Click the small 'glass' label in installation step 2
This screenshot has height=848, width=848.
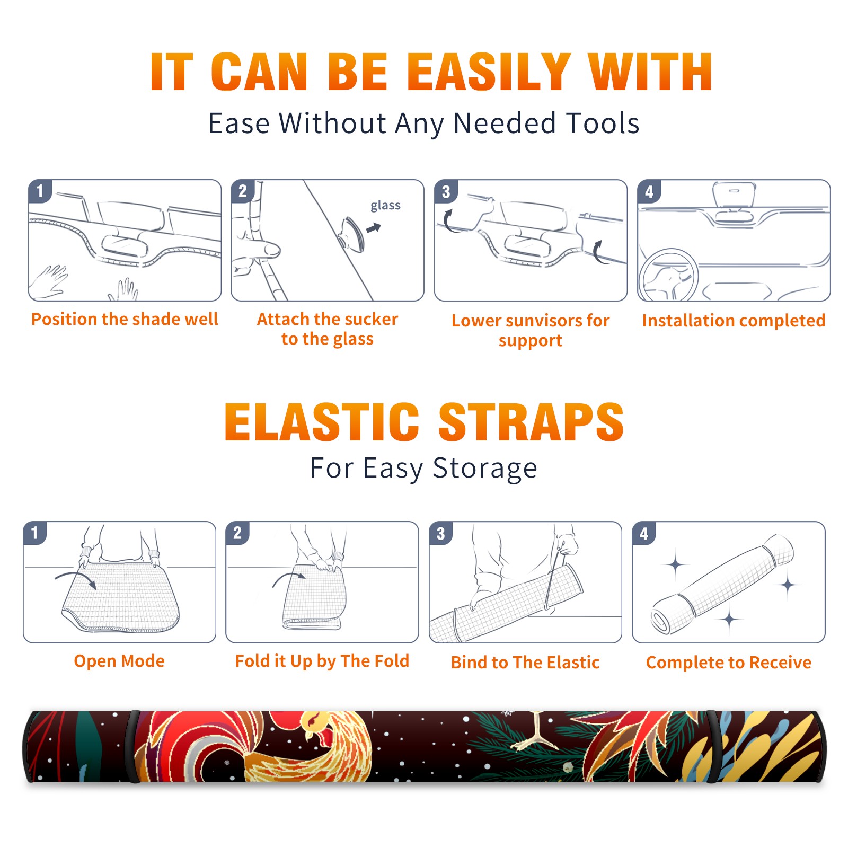point(385,206)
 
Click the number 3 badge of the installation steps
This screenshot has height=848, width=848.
point(446,191)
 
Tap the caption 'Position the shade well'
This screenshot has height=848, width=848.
point(125,319)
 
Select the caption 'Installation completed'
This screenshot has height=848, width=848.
point(734,321)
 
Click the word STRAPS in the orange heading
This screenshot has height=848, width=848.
point(531,422)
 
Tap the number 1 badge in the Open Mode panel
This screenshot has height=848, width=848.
point(35,533)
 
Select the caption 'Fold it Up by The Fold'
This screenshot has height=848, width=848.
point(322,661)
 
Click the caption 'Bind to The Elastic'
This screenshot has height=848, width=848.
point(525,662)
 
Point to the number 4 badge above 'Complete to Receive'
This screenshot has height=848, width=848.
point(644,533)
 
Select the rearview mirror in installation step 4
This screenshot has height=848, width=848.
point(734,195)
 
